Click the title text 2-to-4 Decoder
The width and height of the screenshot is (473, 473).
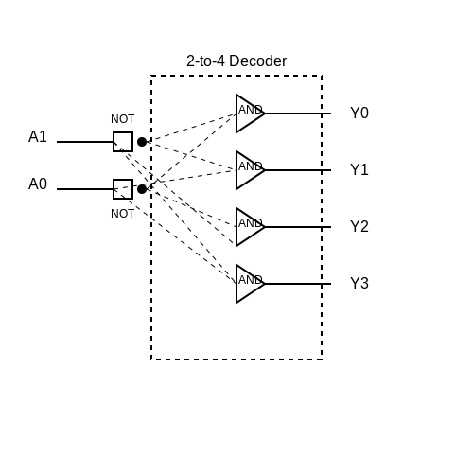point(236,61)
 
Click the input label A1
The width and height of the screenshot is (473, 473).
point(38,136)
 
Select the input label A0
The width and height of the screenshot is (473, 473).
point(38,184)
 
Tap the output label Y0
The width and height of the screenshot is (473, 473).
point(359,113)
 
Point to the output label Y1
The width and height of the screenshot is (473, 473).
point(359,169)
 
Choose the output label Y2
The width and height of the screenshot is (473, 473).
point(359,226)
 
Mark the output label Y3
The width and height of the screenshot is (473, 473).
point(359,283)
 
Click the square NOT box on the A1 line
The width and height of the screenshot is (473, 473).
point(114,142)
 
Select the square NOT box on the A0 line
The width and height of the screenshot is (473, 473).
point(114,189)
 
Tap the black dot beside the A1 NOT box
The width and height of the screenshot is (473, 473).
point(142,142)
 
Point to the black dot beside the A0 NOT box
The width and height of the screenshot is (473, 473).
point(142,189)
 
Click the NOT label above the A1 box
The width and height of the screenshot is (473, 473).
point(123,119)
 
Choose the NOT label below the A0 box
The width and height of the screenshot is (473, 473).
point(123,214)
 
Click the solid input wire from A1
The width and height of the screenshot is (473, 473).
point(85,142)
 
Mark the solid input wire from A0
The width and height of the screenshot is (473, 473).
point(85,189)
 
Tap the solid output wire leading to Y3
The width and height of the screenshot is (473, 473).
point(298,284)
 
